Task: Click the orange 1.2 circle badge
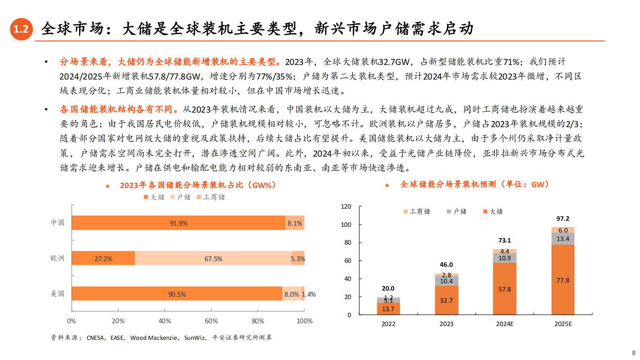(21, 29)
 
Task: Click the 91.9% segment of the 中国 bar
(178, 223)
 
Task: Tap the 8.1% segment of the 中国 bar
(295, 223)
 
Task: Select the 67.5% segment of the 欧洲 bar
(213, 258)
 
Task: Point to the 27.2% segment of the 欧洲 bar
(103, 258)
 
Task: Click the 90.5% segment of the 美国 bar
(177, 294)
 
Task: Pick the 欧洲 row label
(57, 258)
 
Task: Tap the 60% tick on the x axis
(211, 321)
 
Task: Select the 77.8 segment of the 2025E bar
(563, 280)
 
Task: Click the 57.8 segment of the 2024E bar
(504, 289)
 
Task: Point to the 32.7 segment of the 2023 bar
(446, 300)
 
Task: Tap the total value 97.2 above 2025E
(563, 219)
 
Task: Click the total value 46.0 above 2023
(446, 265)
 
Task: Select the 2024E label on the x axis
(505, 324)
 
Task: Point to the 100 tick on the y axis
(346, 224)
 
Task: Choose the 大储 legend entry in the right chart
(493, 211)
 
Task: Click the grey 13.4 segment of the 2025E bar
(563, 239)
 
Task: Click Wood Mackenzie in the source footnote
(154, 338)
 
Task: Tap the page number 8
(634, 353)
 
